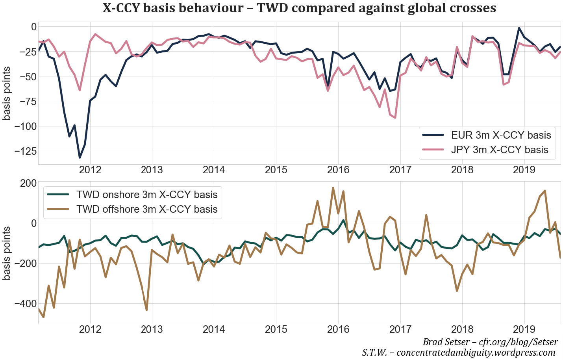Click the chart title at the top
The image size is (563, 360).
[299, 8]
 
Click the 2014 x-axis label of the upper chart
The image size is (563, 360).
[214, 170]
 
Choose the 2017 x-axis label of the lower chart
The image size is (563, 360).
[400, 329]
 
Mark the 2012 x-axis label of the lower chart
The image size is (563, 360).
[91, 329]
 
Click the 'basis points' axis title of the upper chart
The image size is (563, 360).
[7, 93]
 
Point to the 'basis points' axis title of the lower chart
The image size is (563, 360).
[7, 253]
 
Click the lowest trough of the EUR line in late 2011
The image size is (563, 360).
[80, 158]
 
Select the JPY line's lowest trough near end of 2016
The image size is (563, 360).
[395, 118]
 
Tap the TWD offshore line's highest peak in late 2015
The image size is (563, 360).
[333, 188]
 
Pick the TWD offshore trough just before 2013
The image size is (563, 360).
[147, 310]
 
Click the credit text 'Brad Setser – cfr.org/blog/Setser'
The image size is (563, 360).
[490, 342]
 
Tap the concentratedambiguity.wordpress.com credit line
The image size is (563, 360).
[459, 353]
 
